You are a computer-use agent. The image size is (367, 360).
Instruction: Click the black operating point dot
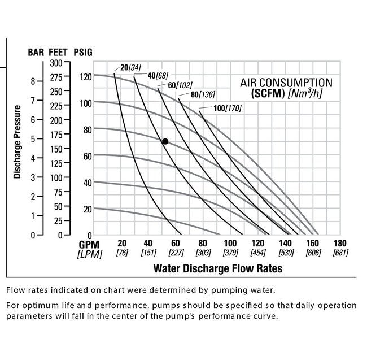pyautogui.click(x=165, y=141)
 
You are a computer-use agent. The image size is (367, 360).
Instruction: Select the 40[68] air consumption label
pyautogui.click(x=158, y=76)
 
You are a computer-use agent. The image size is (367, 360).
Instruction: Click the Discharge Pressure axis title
pyautogui.click(x=18, y=142)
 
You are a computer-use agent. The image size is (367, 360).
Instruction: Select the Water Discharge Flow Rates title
pyautogui.click(x=217, y=268)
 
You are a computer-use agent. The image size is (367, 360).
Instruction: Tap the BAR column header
pyautogui.click(x=37, y=52)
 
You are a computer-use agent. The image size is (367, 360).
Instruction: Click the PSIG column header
pyautogui.click(x=83, y=52)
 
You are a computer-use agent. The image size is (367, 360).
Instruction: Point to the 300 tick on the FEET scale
pyautogui.click(x=58, y=62)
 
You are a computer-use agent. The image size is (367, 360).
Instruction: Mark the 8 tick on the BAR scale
pyautogui.click(x=33, y=81)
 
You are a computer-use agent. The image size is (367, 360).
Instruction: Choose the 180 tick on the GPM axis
pyautogui.click(x=340, y=244)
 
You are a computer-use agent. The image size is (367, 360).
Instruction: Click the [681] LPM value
pyautogui.click(x=340, y=253)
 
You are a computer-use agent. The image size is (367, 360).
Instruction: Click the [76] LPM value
pyautogui.click(x=122, y=253)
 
